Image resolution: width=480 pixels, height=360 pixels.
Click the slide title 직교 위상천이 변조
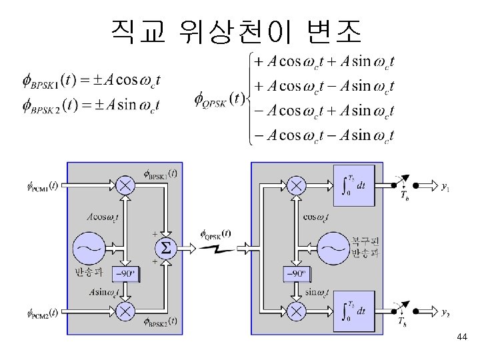tap(236, 29)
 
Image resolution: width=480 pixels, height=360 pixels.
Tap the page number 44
tap(462, 339)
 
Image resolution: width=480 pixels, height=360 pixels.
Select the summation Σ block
tap(165, 249)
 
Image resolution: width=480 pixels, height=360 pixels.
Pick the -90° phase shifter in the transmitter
tap(125, 273)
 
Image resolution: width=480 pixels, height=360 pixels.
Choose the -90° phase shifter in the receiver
tap(297, 273)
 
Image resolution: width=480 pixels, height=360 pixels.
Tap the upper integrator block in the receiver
tap(353, 184)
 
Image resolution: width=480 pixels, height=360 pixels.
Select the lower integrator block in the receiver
tap(353, 311)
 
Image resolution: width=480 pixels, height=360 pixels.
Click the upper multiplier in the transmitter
tap(125, 185)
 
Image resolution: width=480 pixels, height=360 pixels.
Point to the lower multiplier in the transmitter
tap(125, 311)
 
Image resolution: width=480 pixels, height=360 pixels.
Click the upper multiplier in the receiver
tap(296, 185)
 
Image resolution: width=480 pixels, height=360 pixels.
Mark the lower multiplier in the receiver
tap(296, 311)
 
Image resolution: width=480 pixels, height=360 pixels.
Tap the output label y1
tap(445, 187)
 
